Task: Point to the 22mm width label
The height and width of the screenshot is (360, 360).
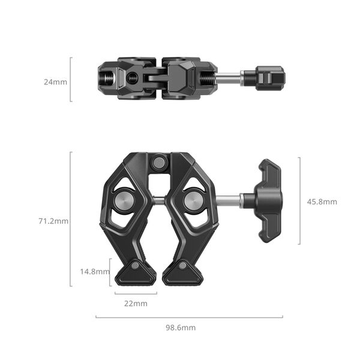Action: (x=136, y=304)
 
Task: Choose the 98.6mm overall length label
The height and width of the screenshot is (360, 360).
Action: (x=181, y=328)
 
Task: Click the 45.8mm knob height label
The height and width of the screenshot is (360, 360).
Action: (x=322, y=202)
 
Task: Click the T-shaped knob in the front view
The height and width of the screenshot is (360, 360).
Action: (x=268, y=201)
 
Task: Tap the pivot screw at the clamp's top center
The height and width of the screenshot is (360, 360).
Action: (x=159, y=162)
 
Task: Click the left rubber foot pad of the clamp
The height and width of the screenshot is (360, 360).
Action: (x=136, y=275)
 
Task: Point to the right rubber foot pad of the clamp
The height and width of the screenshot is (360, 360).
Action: (x=182, y=275)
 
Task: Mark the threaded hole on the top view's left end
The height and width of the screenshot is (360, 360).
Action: (x=107, y=78)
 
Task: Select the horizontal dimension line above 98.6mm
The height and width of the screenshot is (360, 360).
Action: (x=189, y=317)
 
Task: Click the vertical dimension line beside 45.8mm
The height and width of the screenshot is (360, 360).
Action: (x=299, y=201)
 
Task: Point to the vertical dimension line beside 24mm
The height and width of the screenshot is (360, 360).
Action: (x=71, y=79)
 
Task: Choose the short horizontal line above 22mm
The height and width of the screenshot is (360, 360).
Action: (x=136, y=293)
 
